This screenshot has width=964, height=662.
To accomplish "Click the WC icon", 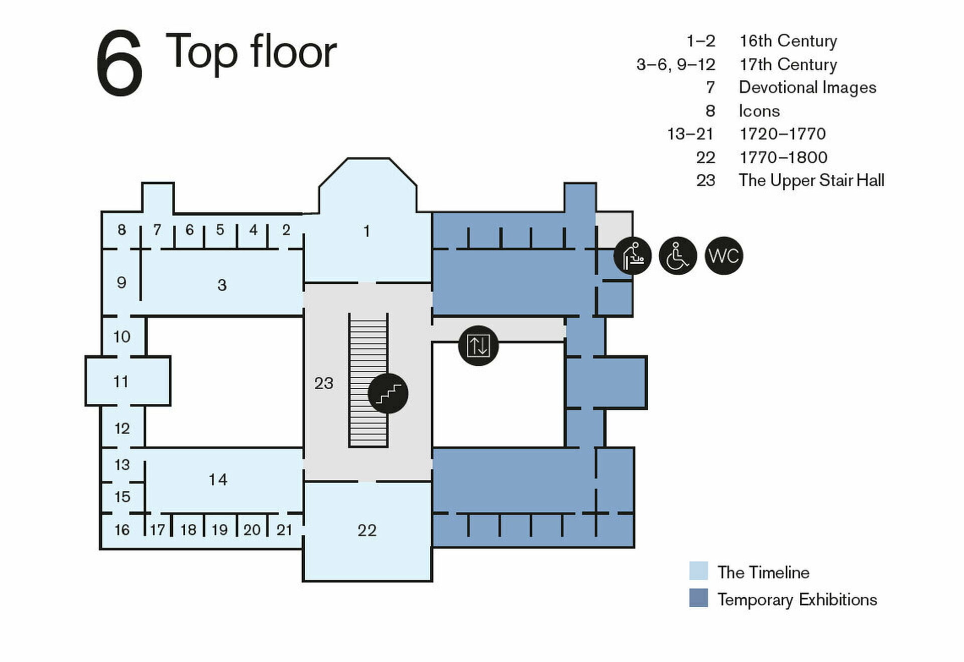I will (724, 256).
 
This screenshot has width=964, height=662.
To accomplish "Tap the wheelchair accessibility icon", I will (677, 256).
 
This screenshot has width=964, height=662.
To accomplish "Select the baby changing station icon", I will (632, 256).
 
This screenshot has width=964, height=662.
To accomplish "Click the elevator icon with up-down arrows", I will (478, 346).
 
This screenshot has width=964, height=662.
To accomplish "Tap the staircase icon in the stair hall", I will (388, 393).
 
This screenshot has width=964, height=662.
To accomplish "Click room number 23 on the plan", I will (323, 383).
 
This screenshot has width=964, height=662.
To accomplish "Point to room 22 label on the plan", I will (367, 530).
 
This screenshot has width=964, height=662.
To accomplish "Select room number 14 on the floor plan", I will (218, 480).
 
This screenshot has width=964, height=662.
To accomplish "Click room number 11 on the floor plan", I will (121, 382).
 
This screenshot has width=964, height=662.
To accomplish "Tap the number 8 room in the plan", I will (122, 230).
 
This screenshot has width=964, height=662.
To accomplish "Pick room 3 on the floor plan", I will (222, 285).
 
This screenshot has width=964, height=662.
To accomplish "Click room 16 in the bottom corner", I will (122, 530).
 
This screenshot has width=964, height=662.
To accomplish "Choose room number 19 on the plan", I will (219, 530).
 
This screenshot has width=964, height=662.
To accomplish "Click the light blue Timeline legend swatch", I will (698, 571).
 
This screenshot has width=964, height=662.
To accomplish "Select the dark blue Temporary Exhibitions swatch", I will (698, 598).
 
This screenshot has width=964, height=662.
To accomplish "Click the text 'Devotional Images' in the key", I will (807, 87).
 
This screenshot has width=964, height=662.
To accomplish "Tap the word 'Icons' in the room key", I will (759, 111).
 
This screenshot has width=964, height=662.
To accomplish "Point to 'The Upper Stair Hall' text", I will (811, 180).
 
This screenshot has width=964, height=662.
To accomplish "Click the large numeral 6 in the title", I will (119, 63).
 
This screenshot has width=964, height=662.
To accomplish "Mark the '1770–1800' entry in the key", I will (783, 158).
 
